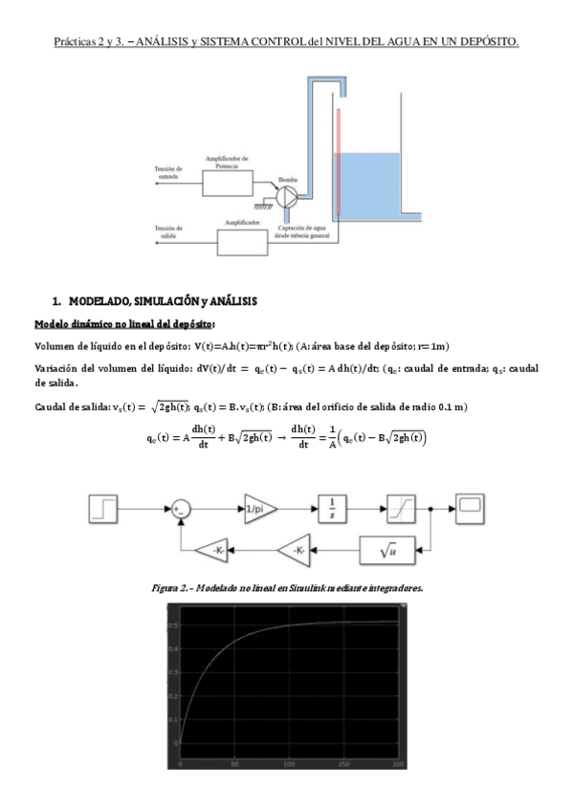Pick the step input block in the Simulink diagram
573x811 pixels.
(104, 508)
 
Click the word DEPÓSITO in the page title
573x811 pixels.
(487, 43)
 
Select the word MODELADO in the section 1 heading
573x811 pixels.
(102, 301)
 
